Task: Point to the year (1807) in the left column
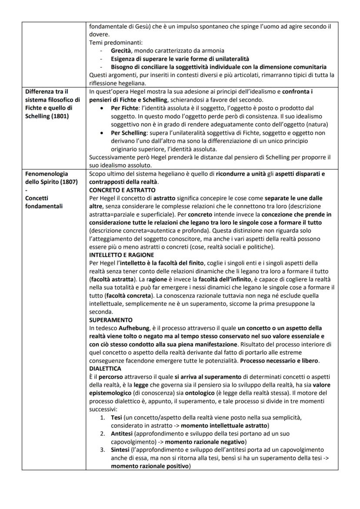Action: (x=66, y=181)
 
